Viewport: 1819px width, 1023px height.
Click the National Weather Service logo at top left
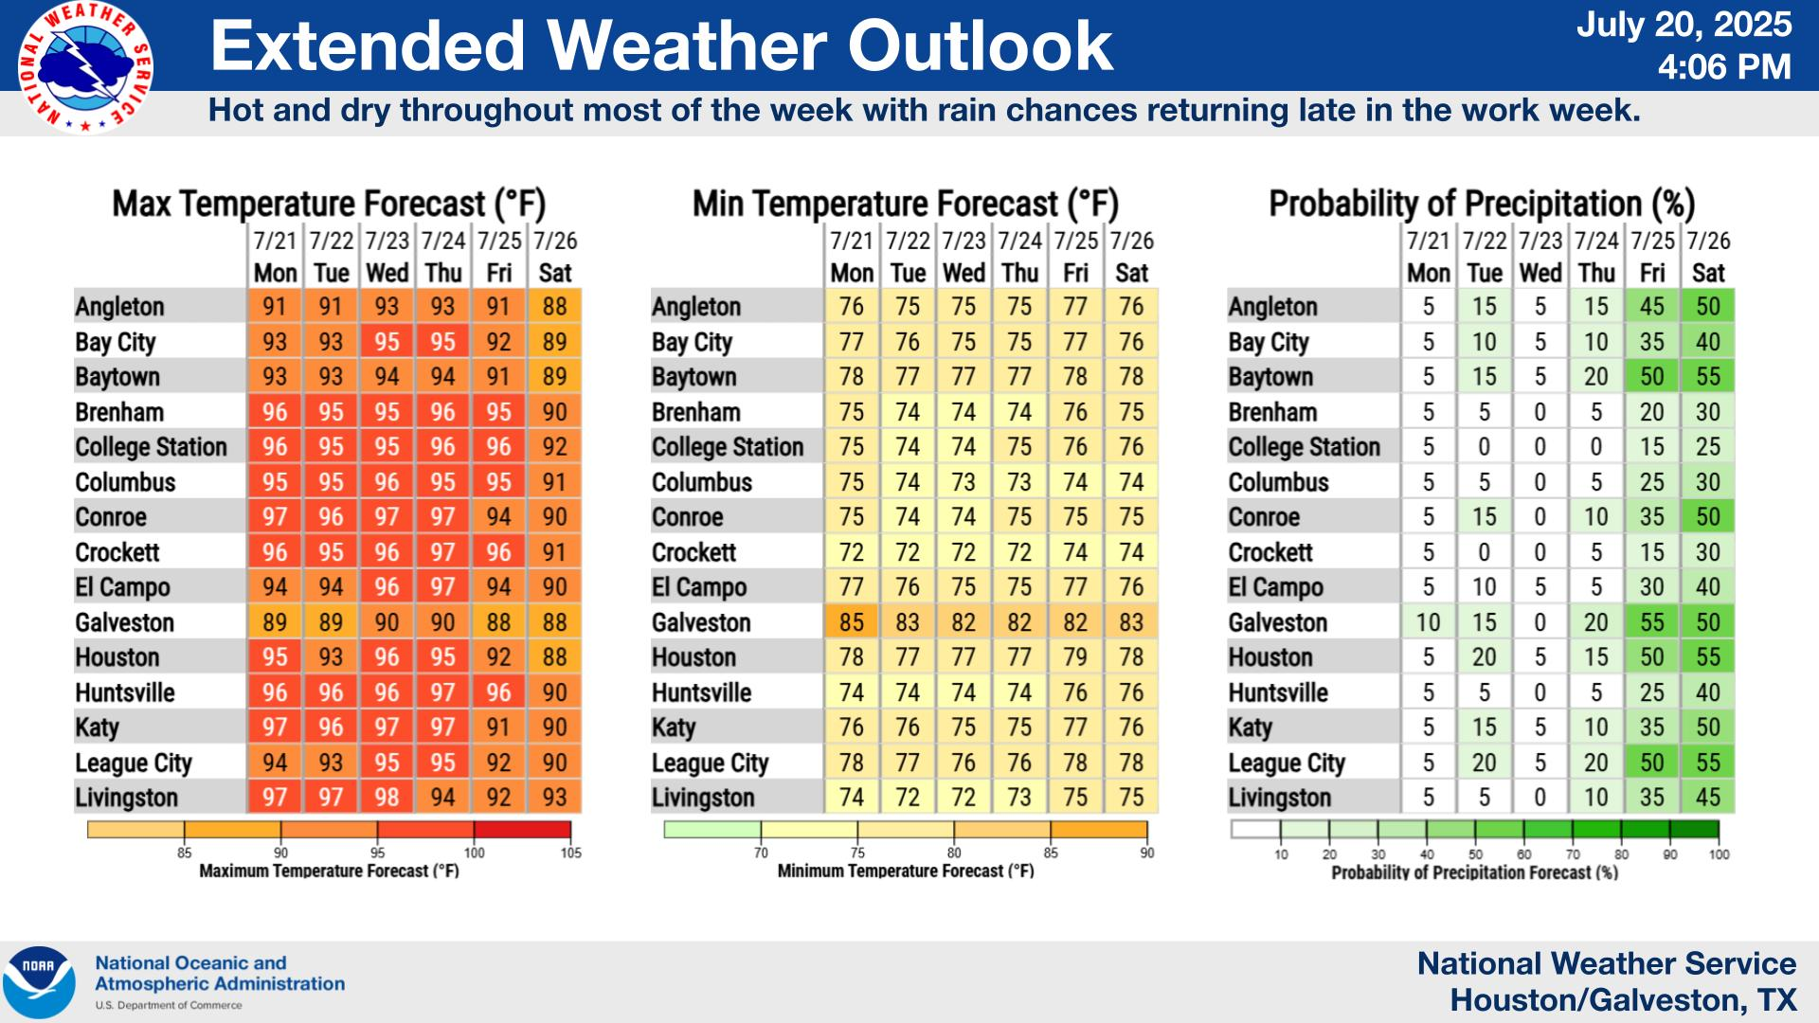(x=84, y=67)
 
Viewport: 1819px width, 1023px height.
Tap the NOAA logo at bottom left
(x=39, y=982)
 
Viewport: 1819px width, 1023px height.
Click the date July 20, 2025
(x=1684, y=24)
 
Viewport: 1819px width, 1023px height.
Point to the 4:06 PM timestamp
(x=1724, y=67)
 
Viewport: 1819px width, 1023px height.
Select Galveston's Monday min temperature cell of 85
(x=851, y=622)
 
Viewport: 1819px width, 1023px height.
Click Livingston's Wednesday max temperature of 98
(x=387, y=798)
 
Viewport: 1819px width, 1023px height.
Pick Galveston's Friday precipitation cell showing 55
(x=1651, y=622)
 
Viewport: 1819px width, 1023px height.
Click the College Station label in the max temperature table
(x=151, y=447)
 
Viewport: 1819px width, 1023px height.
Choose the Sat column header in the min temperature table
(x=1131, y=273)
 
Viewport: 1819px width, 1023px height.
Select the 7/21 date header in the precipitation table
(x=1428, y=241)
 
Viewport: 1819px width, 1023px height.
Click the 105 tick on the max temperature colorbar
(x=570, y=852)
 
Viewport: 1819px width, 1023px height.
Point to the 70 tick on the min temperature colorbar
(x=761, y=852)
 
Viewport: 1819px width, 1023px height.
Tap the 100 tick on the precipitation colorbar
(x=1719, y=854)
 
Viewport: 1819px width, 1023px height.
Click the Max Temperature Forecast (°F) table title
(x=329, y=204)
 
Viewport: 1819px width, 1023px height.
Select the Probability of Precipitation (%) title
(x=1482, y=204)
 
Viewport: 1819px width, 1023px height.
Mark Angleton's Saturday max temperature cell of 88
(x=554, y=307)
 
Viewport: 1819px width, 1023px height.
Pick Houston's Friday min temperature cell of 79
(x=1075, y=657)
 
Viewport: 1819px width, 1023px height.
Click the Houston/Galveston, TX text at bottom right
(x=1623, y=1000)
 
